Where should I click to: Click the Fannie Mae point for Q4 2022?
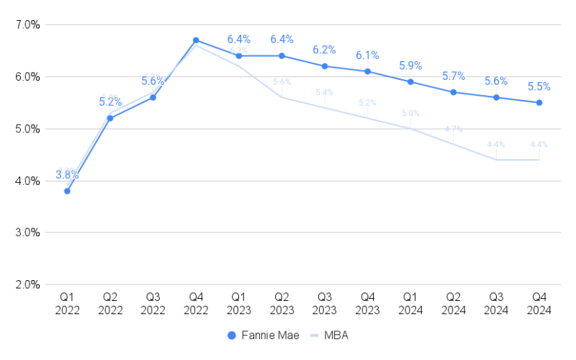[x=196, y=40]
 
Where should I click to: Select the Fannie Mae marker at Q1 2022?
[x=67, y=191]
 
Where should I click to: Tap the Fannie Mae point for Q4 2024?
[x=539, y=102]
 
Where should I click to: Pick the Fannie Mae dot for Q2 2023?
[x=282, y=55]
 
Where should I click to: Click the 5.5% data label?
[x=539, y=86]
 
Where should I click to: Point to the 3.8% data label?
[x=67, y=175]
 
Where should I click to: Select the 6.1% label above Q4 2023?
[x=367, y=55]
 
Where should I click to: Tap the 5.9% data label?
[x=410, y=66]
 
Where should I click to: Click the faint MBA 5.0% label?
[x=410, y=113]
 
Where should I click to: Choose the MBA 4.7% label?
[x=454, y=129]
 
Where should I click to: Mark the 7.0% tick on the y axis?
[x=27, y=24]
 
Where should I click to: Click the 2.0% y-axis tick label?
[x=27, y=284]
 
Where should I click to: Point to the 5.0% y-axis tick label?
[x=27, y=129]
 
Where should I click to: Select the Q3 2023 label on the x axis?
[x=325, y=304]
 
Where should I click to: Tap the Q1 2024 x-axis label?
[x=410, y=304]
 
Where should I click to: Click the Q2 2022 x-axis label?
[x=110, y=304]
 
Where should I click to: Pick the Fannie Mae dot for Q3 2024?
[x=496, y=97]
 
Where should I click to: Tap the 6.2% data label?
[x=325, y=50]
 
